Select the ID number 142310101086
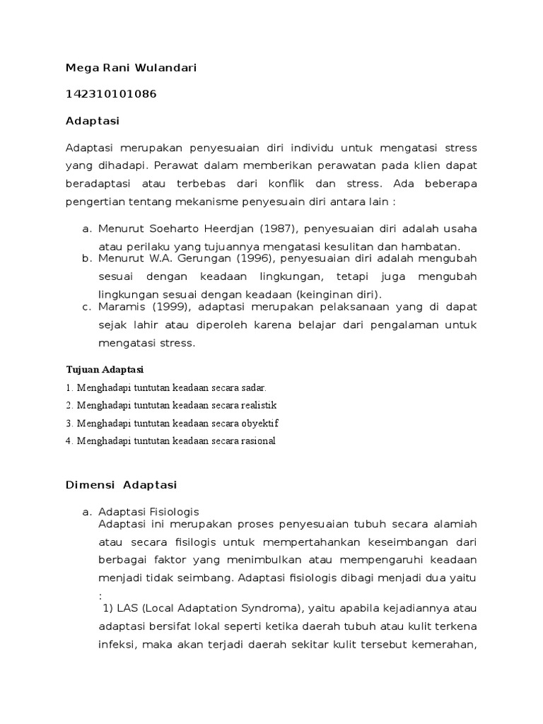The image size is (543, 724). pyautogui.click(x=111, y=94)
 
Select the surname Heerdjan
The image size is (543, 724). pyautogui.click(x=216, y=228)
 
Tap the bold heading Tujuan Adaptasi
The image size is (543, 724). pyautogui.click(x=105, y=370)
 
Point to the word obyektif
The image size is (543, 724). pyautogui.click(x=259, y=424)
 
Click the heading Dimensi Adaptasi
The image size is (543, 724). pyautogui.click(x=121, y=485)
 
